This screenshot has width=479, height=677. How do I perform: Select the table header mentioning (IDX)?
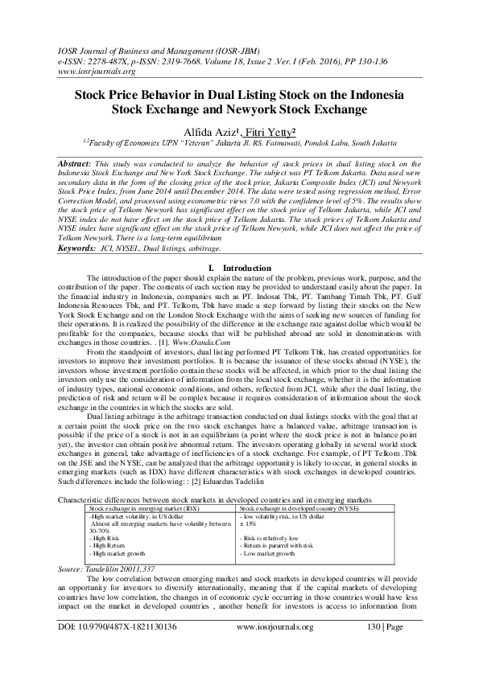pyautogui.click(x=144, y=510)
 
